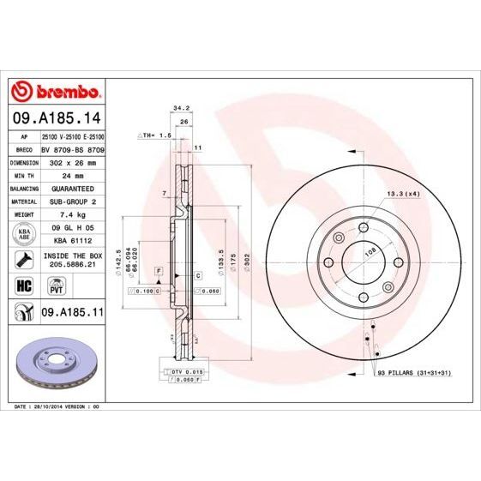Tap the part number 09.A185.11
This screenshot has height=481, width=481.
click(x=72, y=315)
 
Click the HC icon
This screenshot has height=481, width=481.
click(x=22, y=286)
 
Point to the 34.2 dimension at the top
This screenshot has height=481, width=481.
click(x=181, y=108)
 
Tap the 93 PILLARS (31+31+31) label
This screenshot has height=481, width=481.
click(x=413, y=375)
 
